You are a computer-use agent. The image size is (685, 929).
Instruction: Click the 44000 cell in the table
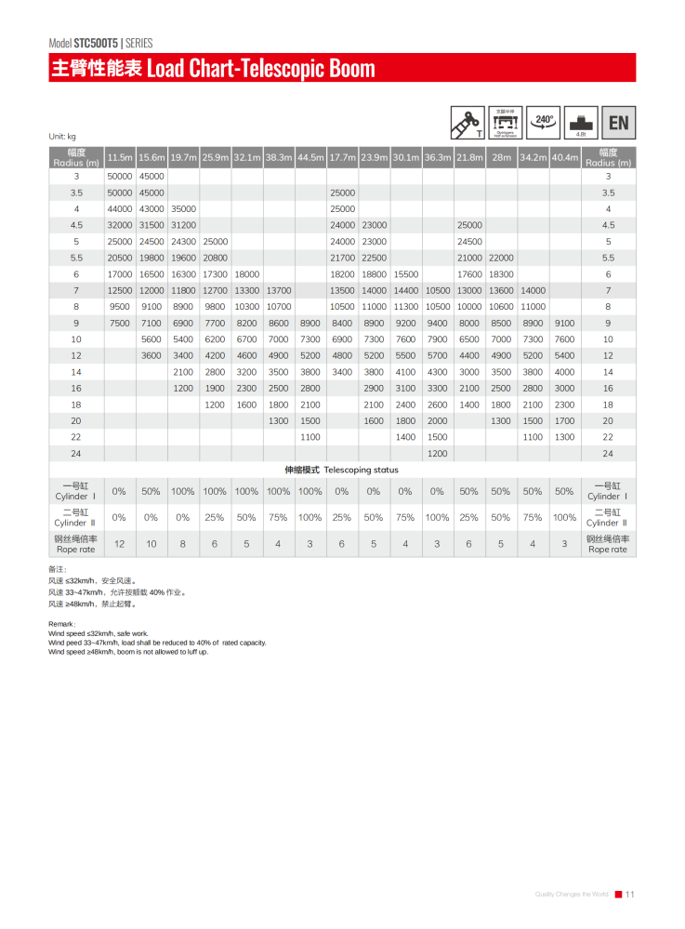coord(120,208)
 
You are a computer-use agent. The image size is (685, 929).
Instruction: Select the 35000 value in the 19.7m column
coord(183,208)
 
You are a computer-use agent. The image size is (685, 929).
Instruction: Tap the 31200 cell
coord(183,225)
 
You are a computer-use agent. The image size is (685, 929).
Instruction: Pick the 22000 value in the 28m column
coord(501,258)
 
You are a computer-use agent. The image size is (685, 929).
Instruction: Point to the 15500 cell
coord(405,274)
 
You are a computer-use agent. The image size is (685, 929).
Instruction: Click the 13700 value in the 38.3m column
coord(279,290)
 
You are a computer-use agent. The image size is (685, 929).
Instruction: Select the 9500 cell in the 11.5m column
coord(120,306)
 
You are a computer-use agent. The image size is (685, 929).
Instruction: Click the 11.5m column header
coord(120,158)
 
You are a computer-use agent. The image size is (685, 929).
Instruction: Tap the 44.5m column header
coord(310,158)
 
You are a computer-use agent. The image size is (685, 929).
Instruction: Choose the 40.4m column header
coord(564,158)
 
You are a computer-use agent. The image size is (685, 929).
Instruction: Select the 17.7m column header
coord(342,158)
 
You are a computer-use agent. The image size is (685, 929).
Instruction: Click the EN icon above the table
coord(617,123)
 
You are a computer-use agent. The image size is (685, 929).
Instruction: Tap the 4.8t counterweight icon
coord(580,123)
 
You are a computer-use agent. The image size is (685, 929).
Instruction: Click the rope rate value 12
coord(120,543)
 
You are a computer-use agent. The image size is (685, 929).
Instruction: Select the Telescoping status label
coord(342,471)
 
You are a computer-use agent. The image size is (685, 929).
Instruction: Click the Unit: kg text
coord(63,137)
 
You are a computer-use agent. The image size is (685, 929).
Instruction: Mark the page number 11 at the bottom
coord(629,895)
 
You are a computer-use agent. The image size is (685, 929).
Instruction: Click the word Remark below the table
coord(61,625)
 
